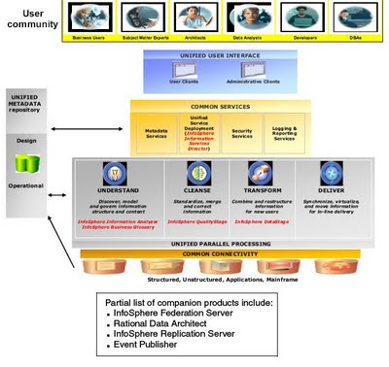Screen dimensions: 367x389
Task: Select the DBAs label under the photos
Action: pos(355,40)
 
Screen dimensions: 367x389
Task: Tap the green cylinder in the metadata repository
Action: pos(22,161)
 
